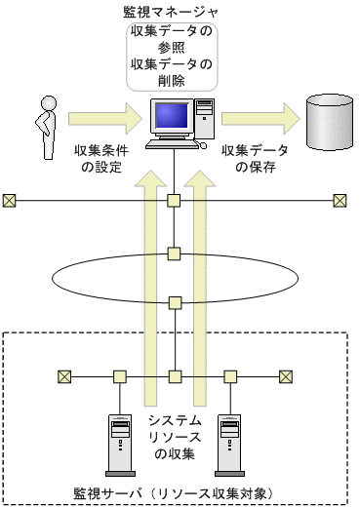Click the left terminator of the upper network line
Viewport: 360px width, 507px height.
coord(10,201)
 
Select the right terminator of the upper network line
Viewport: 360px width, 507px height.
coord(340,201)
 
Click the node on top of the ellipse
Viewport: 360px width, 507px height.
coord(175,254)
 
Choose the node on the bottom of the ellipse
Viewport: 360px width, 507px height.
coord(175,302)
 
